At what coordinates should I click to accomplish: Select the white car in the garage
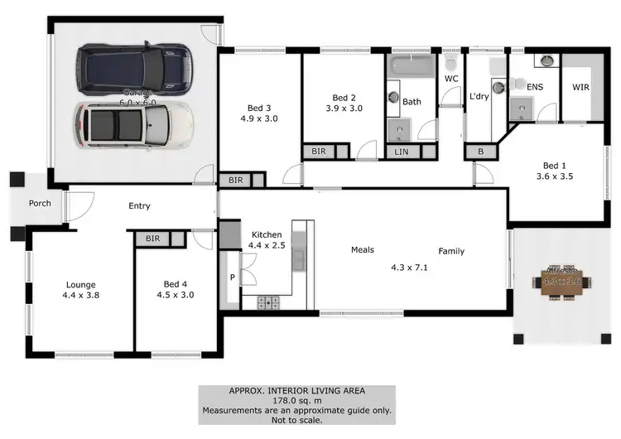[x=133, y=124]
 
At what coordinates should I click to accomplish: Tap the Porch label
[x=40, y=203]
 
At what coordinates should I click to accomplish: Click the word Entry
[x=139, y=206]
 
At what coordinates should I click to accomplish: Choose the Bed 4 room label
[x=176, y=283]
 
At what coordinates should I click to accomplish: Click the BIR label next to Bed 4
[x=152, y=239]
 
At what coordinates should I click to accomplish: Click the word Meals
[x=363, y=249]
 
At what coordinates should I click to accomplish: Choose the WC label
[x=451, y=79]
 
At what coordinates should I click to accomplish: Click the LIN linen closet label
[x=402, y=152]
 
